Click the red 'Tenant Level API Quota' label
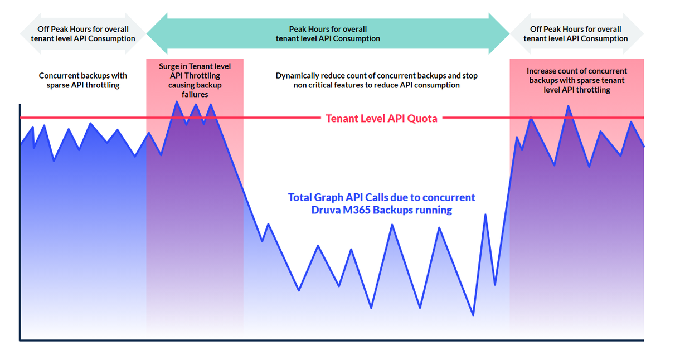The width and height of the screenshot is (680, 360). (381, 118)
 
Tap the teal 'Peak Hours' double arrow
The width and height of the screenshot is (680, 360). (328, 34)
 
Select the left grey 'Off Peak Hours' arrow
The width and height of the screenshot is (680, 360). (83, 34)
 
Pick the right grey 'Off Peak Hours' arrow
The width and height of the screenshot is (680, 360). (576, 34)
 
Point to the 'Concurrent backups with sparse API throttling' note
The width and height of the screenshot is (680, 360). (83, 80)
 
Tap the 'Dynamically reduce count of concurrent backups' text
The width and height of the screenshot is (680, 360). (376, 80)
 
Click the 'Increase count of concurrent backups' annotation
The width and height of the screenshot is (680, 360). (576, 80)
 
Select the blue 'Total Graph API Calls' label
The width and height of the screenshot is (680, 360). (381, 203)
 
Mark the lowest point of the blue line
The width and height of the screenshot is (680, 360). (473, 315)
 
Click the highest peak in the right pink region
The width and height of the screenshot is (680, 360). (568, 106)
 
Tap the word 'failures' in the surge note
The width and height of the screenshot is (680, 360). (195, 95)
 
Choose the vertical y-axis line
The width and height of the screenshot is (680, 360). (20, 223)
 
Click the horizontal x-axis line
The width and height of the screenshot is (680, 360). (334, 340)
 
